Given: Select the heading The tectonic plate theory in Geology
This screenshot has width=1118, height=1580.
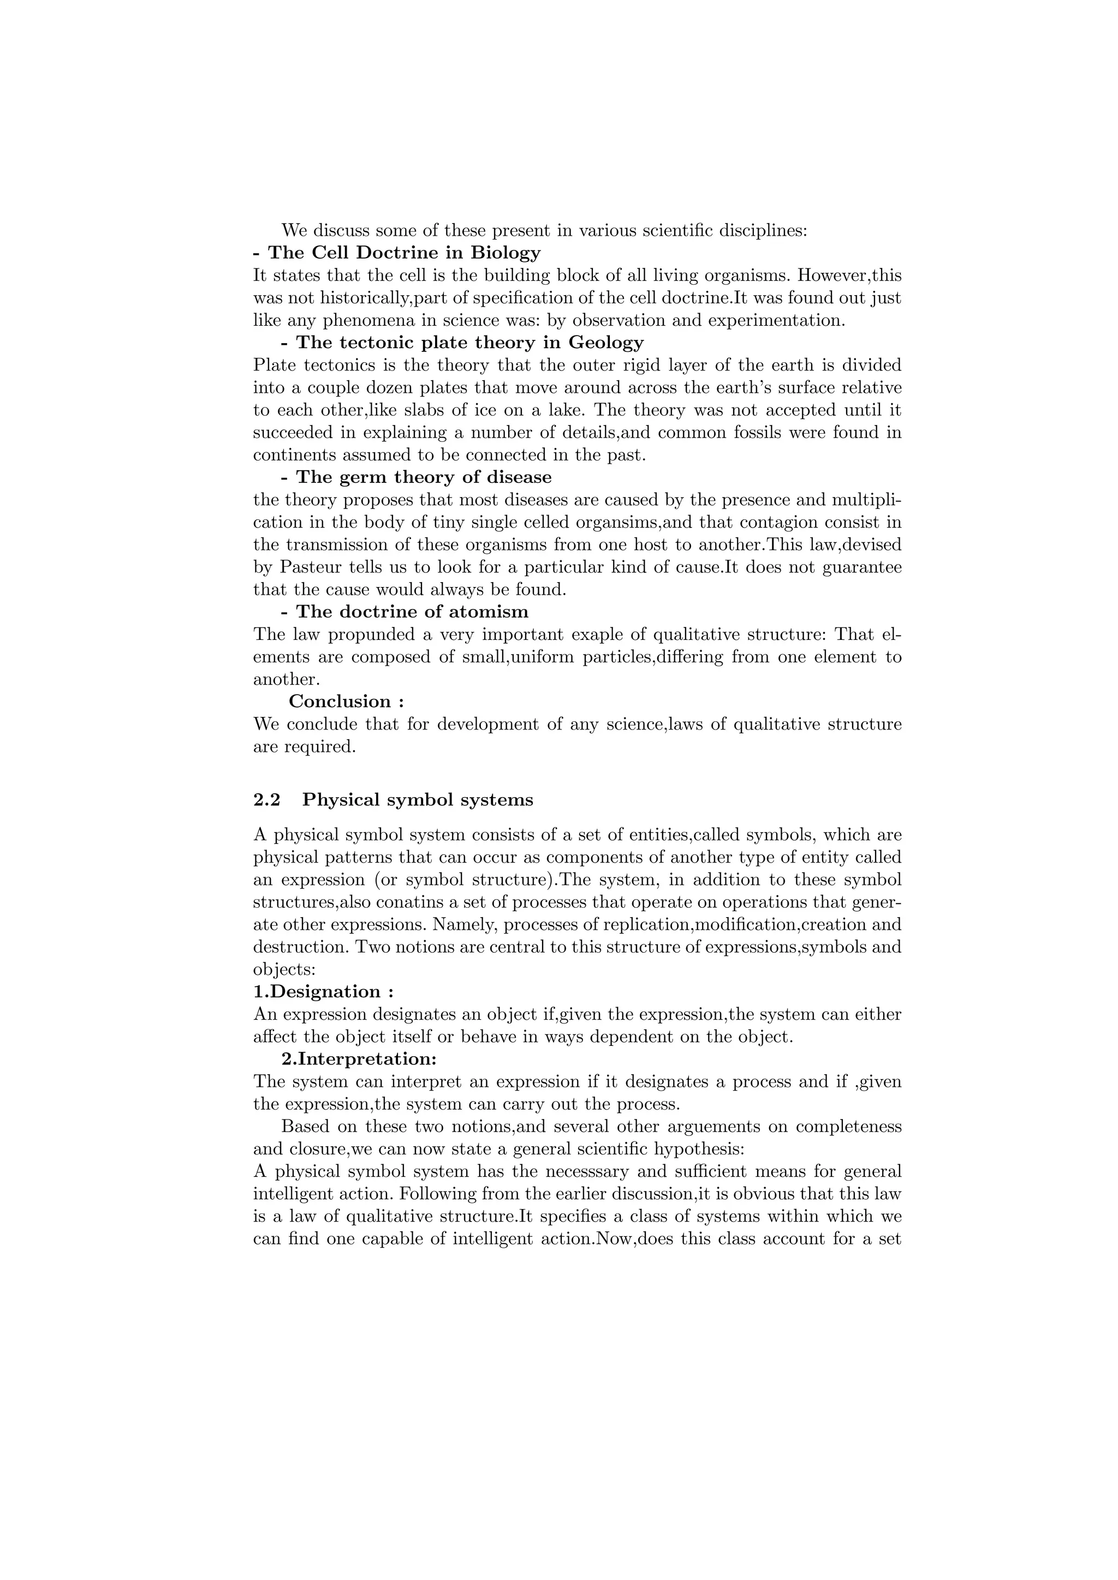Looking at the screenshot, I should [x=469, y=342].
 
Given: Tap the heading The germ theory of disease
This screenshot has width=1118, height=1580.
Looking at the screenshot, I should [x=424, y=477].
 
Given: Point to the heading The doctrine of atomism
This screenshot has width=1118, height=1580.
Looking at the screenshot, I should [x=412, y=612].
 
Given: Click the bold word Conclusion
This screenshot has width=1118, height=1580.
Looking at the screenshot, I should [x=340, y=701].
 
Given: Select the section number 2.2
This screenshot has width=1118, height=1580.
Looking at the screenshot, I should [x=266, y=800].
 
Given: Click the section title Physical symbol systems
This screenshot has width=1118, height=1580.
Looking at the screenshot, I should [x=418, y=800].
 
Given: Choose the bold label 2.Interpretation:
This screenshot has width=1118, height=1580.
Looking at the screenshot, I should [x=359, y=1058].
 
